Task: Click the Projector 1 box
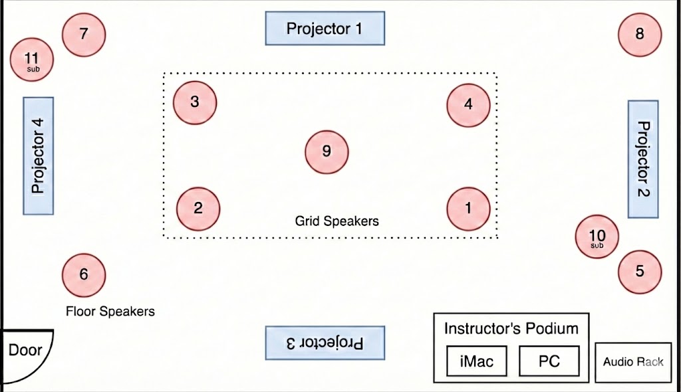pyautogui.click(x=325, y=28)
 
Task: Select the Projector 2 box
pyautogui.click(x=643, y=159)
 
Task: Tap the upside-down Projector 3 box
pyautogui.click(x=325, y=343)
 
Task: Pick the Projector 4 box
pyautogui.click(x=38, y=156)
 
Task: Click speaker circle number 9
pyautogui.click(x=327, y=152)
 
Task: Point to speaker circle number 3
pyautogui.click(x=195, y=102)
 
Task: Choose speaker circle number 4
pyautogui.click(x=468, y=105)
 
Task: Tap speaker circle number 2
pyautogui.click(x=198, y=209)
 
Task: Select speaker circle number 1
pyautogui.click(x=468, y=209)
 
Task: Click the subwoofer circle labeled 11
pyautogui.click(x=32, y=60)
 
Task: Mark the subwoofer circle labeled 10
pyautogui.click(x=597, y=237)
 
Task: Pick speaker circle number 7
pyautogui.click(x=84, y=35)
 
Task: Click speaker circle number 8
pyautogui.click(x=640, y=35)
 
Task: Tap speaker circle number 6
pyautogui.click(x=84, y=275)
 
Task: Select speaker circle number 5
pyautogui.click(x=640, y=272)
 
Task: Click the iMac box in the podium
pyautogui.click(x=476, y=361)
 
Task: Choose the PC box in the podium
pyautogui.click(x=549, y=361)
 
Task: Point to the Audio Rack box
pyautogui.click(x=633, y=363)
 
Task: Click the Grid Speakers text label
pyautogui.click(x=337, y=221)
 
